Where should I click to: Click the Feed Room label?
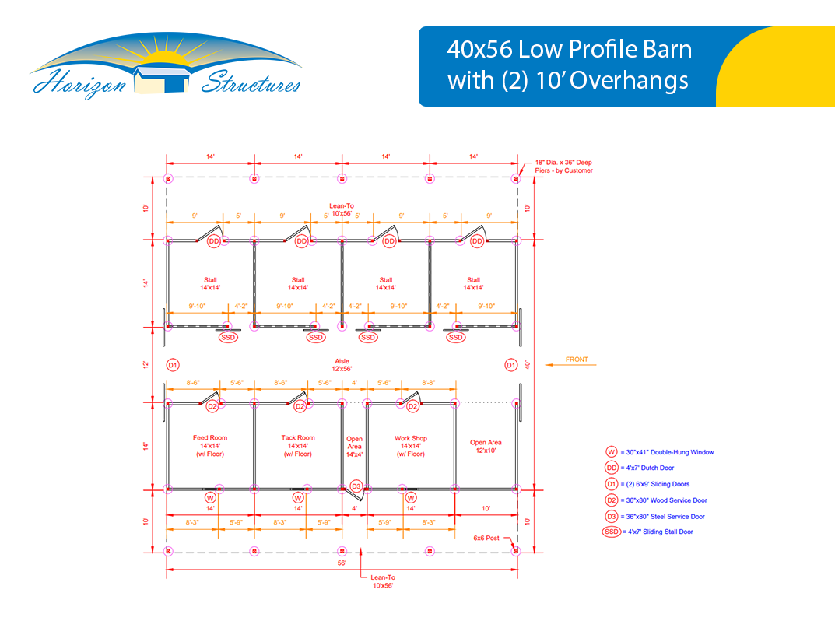(210, 446)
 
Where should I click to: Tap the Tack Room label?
(298, 446)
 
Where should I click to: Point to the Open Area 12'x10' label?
(486, 447)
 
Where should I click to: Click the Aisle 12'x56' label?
(342, 365)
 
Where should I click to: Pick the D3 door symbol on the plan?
(356, 486)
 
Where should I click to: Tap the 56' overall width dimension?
(342, 563)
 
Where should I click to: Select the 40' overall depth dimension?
(527, 365)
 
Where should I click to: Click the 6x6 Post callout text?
(486, 538)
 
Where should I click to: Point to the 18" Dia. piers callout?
(563, 167)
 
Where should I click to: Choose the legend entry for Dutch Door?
(640, 468)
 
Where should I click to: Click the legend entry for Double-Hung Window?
(659, 452)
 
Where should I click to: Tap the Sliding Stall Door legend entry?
(647, 532)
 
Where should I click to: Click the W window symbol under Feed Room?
(210, 498)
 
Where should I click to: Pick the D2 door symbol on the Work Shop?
(412, 406)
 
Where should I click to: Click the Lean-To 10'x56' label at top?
(342, 209)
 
